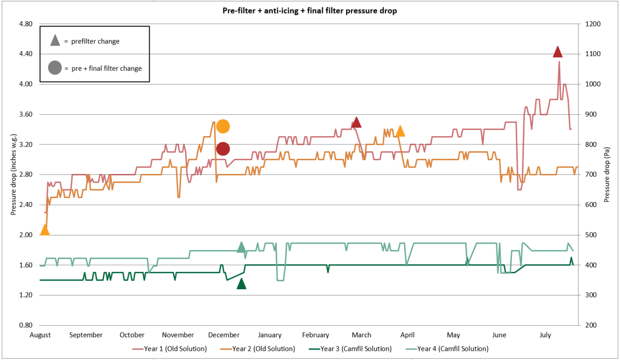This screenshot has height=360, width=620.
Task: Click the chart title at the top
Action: tap(310, 11)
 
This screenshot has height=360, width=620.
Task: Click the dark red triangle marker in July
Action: tap(558, 52)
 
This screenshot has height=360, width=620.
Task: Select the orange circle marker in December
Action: tap(223, 126)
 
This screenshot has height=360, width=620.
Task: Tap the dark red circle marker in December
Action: tap(223, 149)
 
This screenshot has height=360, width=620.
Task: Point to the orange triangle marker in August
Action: tap(45, 230)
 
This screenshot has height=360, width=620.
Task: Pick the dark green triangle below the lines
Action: tap(241, 284)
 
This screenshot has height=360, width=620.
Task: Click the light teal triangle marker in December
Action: tap(241, 247)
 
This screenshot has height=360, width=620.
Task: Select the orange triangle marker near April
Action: tap(400, 131)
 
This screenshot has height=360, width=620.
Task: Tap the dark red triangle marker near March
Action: tap(356, 123)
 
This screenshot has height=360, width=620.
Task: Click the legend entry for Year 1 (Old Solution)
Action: tap(170, 349)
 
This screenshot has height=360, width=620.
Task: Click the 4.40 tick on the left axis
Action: tap(25, 54)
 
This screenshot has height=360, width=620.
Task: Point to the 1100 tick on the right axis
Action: tap(594, 54)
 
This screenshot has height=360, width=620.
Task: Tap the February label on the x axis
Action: tap(315, 335)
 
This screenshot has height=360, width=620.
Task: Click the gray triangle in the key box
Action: tap(55, 41)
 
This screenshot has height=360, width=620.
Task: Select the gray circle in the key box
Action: tap(55, 68)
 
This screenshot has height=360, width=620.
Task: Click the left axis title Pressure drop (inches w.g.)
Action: tap(14, 174)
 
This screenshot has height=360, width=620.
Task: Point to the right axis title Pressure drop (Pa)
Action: tap(606, 174)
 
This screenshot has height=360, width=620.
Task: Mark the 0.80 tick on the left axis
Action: tap(25, 326)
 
